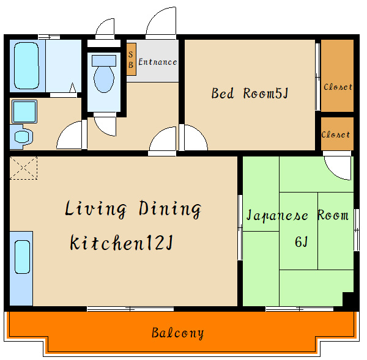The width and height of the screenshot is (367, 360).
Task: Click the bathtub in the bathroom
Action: (x=26, y=66)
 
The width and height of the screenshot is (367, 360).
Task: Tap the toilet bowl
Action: (x=104, y=79)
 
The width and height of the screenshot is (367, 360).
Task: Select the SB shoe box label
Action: (x=131, y=59)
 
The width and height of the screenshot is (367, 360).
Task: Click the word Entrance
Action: (x=158, y=62)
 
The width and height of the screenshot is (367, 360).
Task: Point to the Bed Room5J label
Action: (x=250, y=93)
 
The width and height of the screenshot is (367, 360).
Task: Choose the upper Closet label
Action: (x=338, y=87)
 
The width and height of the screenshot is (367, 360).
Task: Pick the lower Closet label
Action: (x=336, y=134)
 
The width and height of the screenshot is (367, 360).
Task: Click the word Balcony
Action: (x=177, y=333)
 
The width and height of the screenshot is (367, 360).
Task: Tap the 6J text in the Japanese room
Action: (x=301, y=242)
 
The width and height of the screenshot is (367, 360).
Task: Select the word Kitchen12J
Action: (x=122, y=243)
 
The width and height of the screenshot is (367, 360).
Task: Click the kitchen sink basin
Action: (x=22, y=257)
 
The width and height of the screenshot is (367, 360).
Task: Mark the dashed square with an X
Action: (x=23, y=168)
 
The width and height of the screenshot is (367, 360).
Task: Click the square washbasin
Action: (x=24, y=112)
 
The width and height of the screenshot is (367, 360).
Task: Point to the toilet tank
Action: (x=104, y=61)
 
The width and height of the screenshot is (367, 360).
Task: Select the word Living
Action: (x=96, y=208)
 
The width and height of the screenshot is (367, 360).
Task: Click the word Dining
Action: (x=170, y=209)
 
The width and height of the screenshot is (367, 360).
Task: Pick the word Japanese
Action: (x=277, y=215)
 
